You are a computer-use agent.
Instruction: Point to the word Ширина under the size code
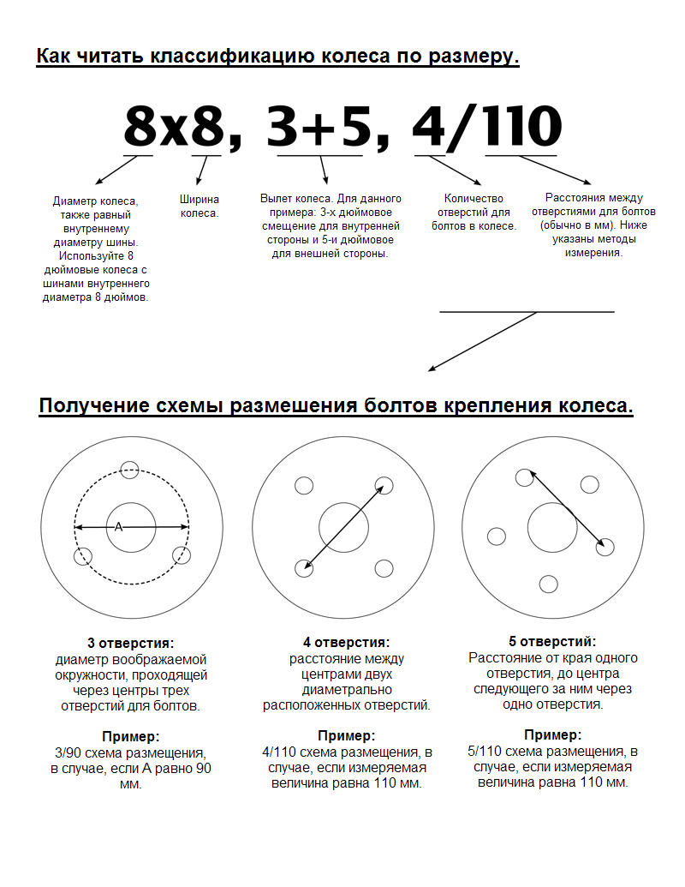[x=199, y=199]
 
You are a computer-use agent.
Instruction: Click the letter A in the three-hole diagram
[x=119, y=527]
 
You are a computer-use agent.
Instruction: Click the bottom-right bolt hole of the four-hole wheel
[x=384, y=567]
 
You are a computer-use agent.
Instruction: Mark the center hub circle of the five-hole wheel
[x=552, y=525]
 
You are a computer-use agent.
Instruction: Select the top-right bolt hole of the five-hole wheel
[x=588, y=484]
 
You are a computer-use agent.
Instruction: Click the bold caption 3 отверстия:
[x=130, y=643]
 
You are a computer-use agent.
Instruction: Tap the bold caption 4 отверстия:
[x=346, y=642]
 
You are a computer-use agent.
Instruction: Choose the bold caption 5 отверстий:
[x=552, y=641]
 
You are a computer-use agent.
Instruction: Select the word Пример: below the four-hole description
[x=346, y=735]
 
